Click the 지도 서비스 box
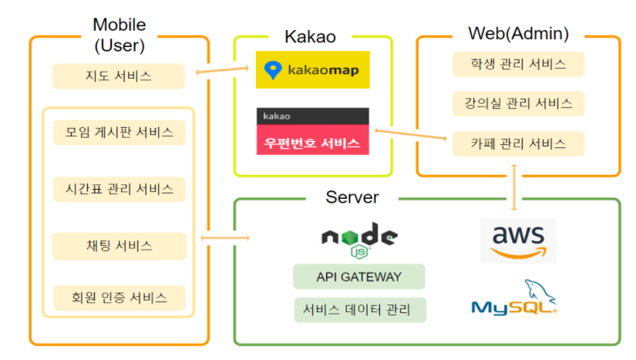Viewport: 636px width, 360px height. (119, 76)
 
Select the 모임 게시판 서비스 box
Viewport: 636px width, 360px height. (119, 132)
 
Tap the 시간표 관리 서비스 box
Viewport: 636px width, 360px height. (119, 189)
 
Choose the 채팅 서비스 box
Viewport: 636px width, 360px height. (119, 246)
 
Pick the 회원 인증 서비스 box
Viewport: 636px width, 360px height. (119, 297)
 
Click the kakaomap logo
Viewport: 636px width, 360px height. (313, 70)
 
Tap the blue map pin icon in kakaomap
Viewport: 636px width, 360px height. (272, 70)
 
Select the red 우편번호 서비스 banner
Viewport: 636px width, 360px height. (313, 143)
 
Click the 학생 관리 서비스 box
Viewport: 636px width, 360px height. (518, 64)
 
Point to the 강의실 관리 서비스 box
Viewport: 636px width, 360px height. (518, 103)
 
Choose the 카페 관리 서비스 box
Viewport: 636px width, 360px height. (518, 143)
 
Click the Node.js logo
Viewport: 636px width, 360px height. (358, 238)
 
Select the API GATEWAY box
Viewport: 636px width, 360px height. (358, 277)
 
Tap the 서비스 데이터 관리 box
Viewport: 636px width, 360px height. (358, 310)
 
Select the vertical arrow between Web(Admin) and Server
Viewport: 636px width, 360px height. (515, 186)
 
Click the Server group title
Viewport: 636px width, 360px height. (352, 197)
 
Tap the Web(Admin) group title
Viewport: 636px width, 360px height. (518, 34)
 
